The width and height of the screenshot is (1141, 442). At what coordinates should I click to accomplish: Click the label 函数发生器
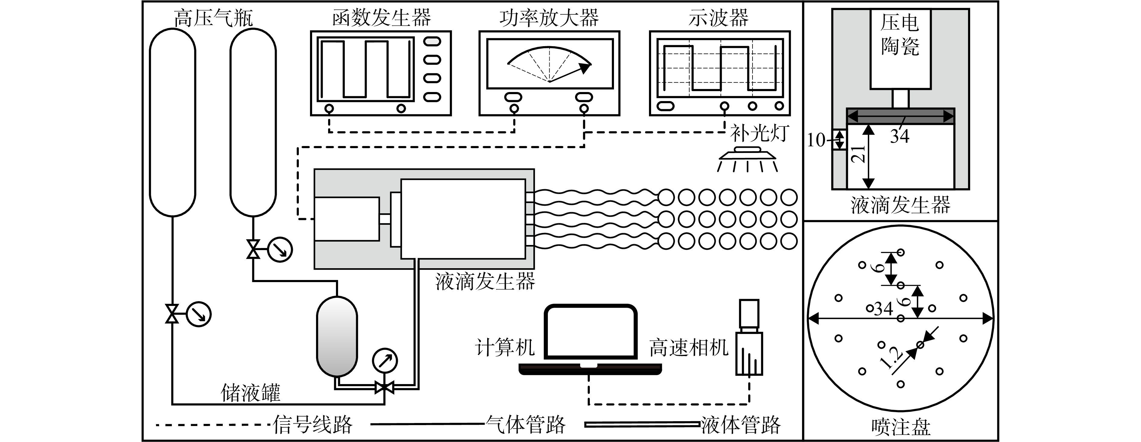[x=381, y=18]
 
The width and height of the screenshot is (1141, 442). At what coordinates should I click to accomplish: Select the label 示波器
[x=718, y=18]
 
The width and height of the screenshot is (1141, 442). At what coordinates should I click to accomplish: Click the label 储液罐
[x=251, y=393]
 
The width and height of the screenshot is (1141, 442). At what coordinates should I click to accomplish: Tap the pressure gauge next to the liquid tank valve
[x=385, y=361]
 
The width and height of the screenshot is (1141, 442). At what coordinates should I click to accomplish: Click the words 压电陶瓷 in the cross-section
[x=900, y=34]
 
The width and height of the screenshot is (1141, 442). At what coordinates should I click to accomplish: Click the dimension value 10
[x=816, y=140]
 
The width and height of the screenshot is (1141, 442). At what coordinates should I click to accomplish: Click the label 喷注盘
[x=900, y=428]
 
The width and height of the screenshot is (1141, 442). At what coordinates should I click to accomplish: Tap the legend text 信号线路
[x=313, y=425]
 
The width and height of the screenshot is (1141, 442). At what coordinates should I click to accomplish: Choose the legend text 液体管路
[x=740, y=425]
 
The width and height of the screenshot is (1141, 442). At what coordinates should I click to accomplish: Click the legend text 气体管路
[x=526, y=425]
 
